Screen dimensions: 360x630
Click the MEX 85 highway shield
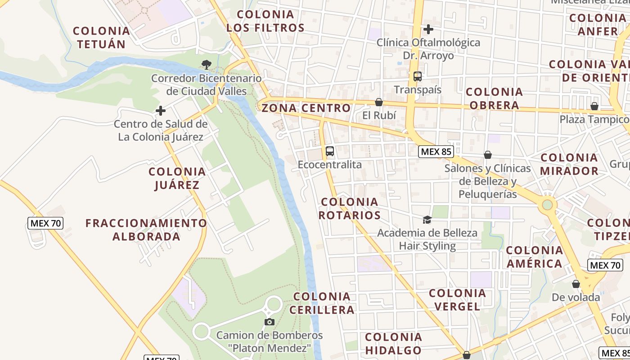click(436, 152)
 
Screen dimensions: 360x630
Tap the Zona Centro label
click(306, 108)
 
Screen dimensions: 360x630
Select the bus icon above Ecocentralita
click(330, 151)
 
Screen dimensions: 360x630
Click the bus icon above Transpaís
click(418, 76)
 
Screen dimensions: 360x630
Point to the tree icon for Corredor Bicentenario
click(207, 65)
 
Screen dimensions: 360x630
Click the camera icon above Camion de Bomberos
click(270, 322)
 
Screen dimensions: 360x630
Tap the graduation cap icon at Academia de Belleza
click(427, 220)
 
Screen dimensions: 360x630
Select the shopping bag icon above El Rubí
click(379, 102)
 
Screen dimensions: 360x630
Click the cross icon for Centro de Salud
click(161, 110)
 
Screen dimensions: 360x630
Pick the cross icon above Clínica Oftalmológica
click(428, 29)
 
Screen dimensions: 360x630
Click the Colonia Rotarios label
click(350, 208)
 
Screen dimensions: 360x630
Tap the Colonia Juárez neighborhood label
click(177, 178)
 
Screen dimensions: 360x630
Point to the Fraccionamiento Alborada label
click(146, 229)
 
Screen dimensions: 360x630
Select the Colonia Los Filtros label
click(265, 21)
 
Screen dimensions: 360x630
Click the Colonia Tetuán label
click(101, 37)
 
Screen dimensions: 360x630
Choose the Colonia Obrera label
click(495, 99)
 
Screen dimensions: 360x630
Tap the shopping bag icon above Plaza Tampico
click(594, 106)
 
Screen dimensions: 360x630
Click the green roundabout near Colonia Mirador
click(547, 205)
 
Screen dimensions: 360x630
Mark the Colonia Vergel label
click(458, 300)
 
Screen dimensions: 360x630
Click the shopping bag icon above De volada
click(576, 284)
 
